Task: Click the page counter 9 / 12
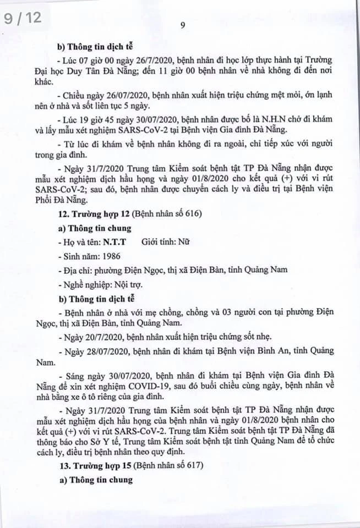click(23, 18)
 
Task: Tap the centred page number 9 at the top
click(182, 24)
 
